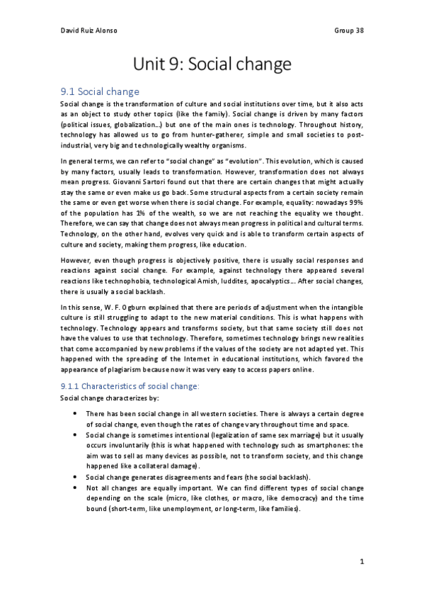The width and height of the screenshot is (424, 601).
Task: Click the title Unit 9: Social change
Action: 212,65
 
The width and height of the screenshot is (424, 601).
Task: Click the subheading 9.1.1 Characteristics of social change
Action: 130,386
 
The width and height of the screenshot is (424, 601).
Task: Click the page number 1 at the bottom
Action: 362,562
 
